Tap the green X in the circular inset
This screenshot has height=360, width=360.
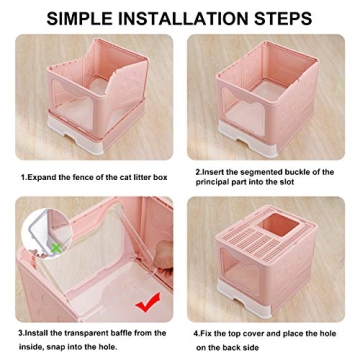[x=57, y=244]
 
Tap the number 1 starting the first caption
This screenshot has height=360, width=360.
[x=22, y=177]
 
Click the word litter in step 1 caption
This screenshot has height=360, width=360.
[x=136, y=177]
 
